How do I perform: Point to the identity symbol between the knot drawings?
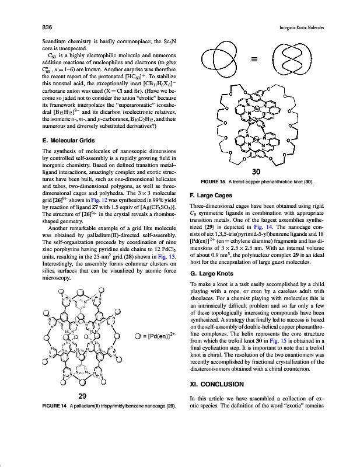click(x=254, y=59)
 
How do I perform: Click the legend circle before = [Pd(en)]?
click(x=137, y=336)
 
